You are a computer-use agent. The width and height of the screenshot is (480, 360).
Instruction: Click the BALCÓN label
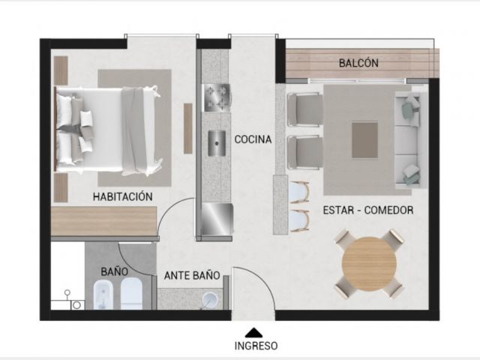(358, 63)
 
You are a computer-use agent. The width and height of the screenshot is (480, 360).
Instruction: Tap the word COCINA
(253, 139)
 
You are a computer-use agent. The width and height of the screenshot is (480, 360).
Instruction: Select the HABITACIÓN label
(122, 196)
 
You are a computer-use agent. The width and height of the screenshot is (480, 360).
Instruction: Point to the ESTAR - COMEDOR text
(368, 210)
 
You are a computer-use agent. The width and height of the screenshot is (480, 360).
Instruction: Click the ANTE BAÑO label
(192, 275)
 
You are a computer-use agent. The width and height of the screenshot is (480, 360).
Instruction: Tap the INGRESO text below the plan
(256, 346)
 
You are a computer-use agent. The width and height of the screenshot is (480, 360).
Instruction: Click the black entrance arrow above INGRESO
(253, 333)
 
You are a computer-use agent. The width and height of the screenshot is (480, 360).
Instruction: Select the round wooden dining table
(369, 263)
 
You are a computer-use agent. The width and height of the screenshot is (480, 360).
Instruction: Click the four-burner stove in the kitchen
(217, 98)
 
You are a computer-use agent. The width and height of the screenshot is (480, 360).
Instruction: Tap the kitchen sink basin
(217, 143)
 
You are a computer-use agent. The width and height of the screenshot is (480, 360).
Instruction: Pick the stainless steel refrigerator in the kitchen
(217, 219)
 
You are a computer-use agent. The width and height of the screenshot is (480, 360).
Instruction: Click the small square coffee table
(364, 140)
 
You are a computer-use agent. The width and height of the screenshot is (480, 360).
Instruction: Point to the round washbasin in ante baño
(210, 300)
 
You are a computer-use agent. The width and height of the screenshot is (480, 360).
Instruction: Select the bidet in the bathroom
(103, 295)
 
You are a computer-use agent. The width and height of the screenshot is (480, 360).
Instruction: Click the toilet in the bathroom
(132, 294)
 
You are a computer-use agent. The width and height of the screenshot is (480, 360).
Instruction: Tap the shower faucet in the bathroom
(67, 295)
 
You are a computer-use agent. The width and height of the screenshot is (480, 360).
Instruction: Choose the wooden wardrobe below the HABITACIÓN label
(103, 221)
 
